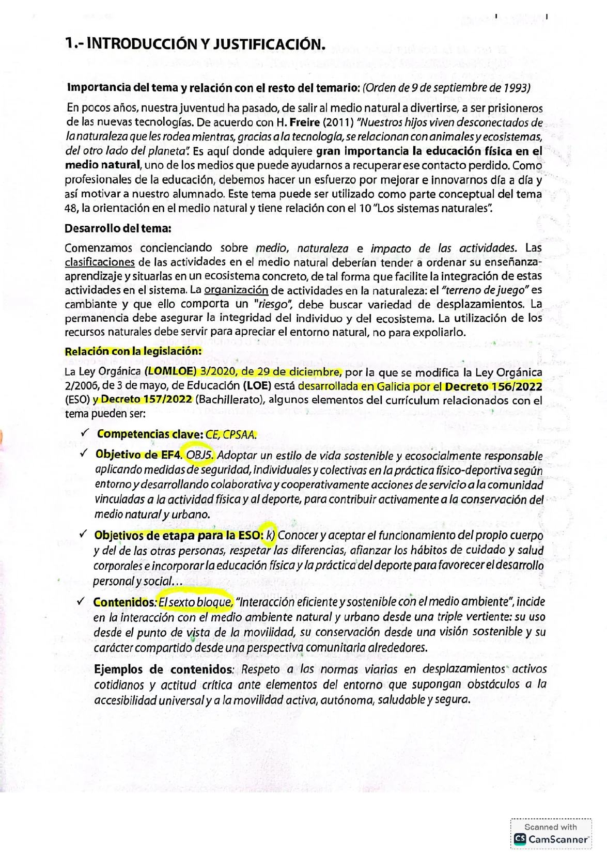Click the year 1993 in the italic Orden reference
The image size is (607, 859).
point(516,87)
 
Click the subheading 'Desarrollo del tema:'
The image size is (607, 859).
point(118,228)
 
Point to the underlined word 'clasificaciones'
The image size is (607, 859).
point(99,262)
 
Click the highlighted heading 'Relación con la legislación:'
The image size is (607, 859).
point(133,351)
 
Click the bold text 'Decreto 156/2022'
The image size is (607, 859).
point(493,386)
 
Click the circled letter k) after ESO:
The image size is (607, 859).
point(270,535)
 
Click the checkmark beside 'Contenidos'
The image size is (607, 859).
point(80,601)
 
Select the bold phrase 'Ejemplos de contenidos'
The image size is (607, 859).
point(163,669)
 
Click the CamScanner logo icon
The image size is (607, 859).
point(519,839)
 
